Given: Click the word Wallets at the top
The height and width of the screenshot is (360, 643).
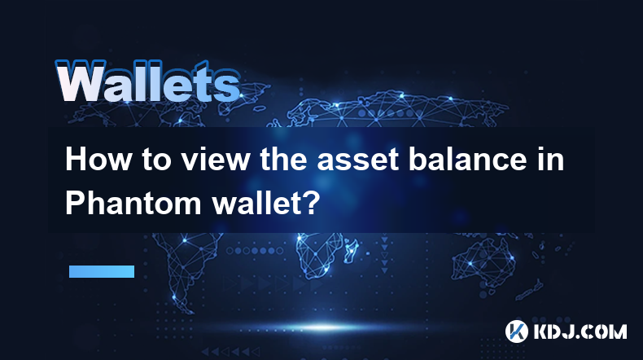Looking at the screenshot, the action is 147,81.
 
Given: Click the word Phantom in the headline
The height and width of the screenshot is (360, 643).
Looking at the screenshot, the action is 133,203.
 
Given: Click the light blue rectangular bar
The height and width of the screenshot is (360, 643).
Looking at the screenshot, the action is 102,271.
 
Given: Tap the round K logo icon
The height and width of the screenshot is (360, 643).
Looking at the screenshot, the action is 516,331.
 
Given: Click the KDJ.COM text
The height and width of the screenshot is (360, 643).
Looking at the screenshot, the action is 580,331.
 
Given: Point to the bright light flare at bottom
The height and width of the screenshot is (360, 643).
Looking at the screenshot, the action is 324,327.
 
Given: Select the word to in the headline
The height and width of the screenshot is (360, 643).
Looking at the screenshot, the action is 156,160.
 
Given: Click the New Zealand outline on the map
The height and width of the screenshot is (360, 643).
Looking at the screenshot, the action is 530,289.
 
